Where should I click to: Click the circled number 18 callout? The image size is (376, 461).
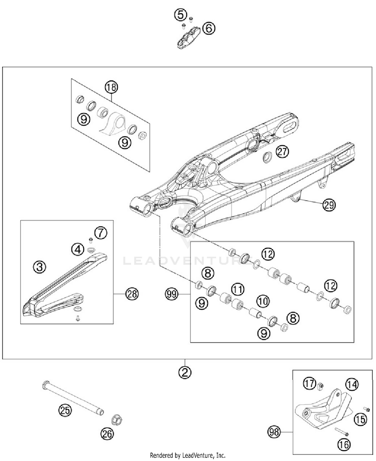coord(111,87)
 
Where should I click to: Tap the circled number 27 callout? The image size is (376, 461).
coord(282,152)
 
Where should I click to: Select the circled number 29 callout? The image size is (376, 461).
coord(329,205)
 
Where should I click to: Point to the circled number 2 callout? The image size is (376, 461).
coord(185,372)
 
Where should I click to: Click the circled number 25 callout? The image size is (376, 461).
coord(65,411)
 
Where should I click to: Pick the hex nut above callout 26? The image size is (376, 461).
coord(117,419)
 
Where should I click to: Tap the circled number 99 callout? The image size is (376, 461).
coord(172,294)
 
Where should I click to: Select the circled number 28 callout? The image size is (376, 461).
coord(132,294)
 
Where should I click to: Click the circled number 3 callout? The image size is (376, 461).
coord(40,267)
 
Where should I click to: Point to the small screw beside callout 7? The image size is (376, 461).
coord(91,241)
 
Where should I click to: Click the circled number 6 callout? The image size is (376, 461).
coord(209,28)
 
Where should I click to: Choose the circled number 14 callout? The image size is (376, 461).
coord(352,385)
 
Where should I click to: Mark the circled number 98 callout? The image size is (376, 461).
coord(274,432)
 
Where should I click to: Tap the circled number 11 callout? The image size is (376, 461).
coord(238,289)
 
